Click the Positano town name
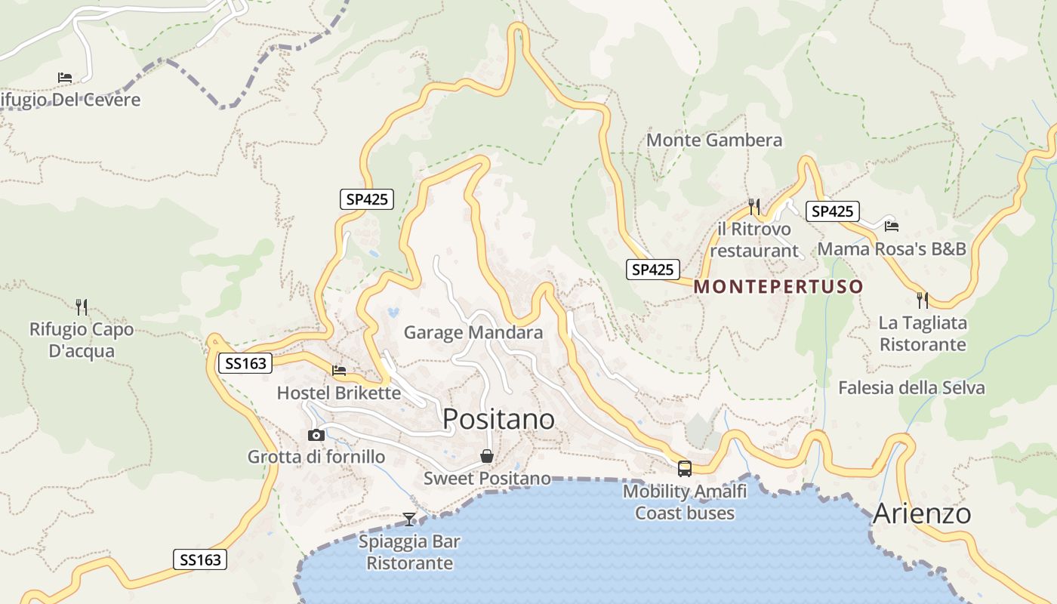tap(498, 419)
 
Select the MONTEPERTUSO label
tap(778, 287)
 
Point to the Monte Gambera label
tap(714, 140)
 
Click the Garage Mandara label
tap(473, 332)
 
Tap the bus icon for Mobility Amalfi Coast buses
tap(685, 469)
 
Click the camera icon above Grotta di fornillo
tap(316, 435)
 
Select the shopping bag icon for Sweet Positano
tap(487, 456)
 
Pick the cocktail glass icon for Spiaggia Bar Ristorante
tap(409, 519)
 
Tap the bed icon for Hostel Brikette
tap(339, 371)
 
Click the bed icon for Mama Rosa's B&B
tap(892, 226)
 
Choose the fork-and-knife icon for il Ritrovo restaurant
tap(753, 206)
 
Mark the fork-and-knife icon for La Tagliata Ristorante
tap(923, 300)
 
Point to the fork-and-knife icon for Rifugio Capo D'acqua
tap(82, 307)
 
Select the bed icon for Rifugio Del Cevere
tap(65, 78)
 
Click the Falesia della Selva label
tap(911, 388)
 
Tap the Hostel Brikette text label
tap(338, 393)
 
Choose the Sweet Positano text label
tap(487, 479)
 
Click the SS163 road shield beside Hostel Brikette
tap(245, 364)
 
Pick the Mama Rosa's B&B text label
tap(892, 248)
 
